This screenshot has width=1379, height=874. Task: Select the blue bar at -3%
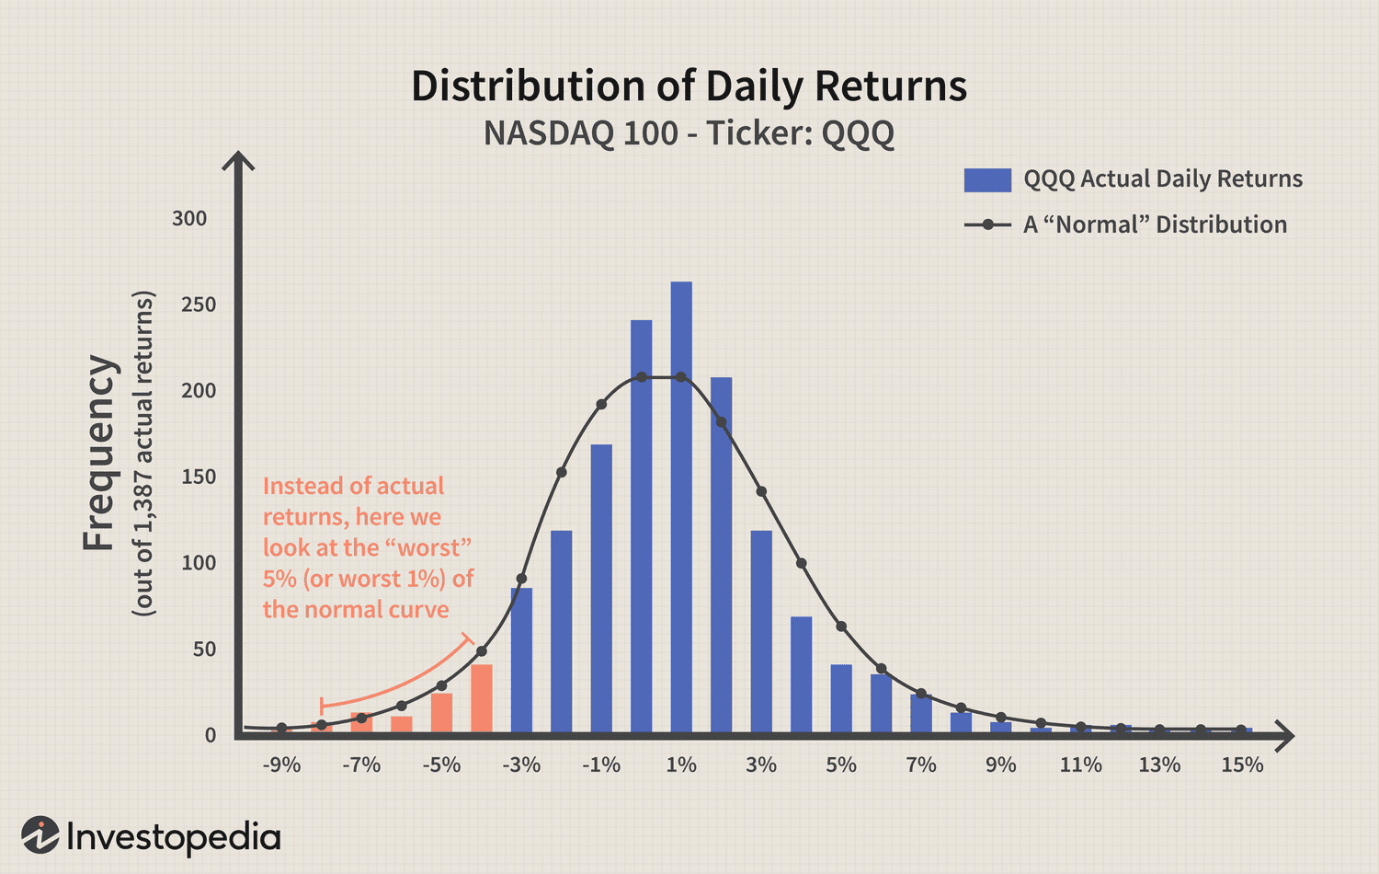[x=521, y=661]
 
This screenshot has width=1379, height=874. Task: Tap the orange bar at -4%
[x=482, y=698]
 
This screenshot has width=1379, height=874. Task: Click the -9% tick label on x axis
[x=281, y=765]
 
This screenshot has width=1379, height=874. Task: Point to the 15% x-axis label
[x=1242, y=765]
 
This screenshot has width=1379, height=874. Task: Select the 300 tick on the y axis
[x=189, y=219]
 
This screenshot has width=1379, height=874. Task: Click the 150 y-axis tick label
[x=199, y=477]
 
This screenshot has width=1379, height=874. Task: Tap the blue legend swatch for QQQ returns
[x=987, y=179]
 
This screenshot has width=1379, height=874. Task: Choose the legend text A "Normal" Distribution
[x=1155, y=224]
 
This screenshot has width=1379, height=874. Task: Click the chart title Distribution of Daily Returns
[x=689, y=86]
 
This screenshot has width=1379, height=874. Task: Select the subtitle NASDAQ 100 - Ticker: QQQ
[x=689, y=133]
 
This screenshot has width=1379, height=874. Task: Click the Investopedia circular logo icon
[x=40, y=835]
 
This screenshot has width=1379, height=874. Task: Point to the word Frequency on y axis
[x=99, y=454]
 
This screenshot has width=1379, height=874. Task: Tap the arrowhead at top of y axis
[x=239, y=160]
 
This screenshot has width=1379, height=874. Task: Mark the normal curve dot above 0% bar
[x=641, y=377]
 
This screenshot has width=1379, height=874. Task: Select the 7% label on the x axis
[x=921, y=765]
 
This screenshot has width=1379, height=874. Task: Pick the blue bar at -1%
[x=601, y=589]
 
